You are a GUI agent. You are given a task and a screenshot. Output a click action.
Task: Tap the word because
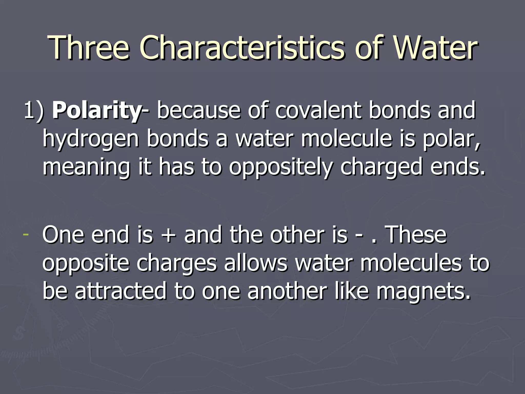coord(199,111)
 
